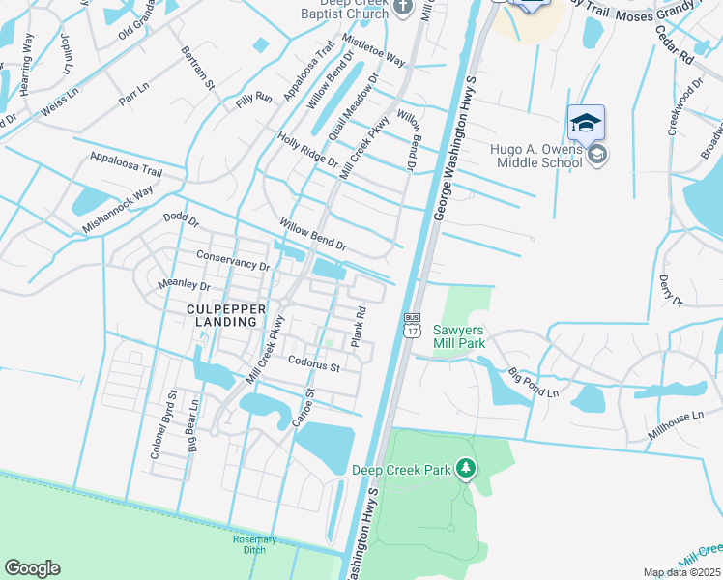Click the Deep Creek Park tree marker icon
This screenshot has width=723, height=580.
467,470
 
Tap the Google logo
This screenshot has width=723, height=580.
32,568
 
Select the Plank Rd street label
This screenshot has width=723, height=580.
358,328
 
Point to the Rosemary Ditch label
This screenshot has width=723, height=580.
254,544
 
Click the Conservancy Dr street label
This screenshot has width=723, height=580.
233,261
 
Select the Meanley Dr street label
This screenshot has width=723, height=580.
184,286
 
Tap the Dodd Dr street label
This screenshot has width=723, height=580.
181,221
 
